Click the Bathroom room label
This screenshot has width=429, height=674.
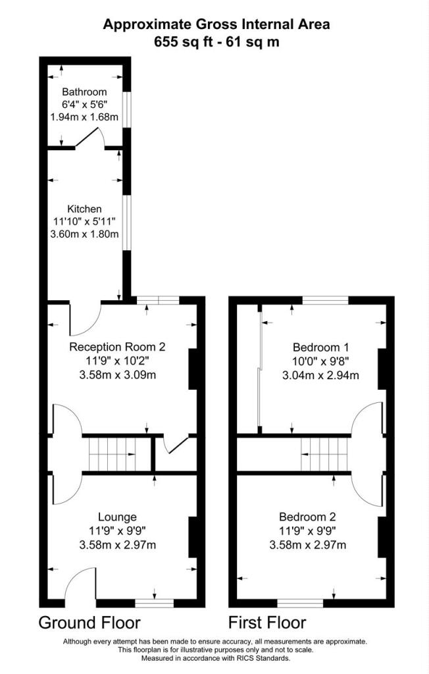click(x=84, y=92)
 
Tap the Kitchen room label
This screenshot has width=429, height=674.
click(x=84, y=209)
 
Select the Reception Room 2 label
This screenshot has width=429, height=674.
click(x=116, y=347)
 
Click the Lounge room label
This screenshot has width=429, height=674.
click(x=117, y=516)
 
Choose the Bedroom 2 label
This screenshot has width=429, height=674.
click(x=307, y=516)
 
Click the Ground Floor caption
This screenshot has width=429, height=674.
click(x=89, y=622)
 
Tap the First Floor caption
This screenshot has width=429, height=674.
click(x=267, y=622)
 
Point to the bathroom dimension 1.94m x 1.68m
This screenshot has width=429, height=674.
click(x=84, y=117)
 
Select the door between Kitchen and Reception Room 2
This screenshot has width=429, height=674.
click(x=84, y=318)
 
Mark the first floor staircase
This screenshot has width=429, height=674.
click(x=325, y=454)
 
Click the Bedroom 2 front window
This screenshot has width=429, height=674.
click(x=300, y=602)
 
